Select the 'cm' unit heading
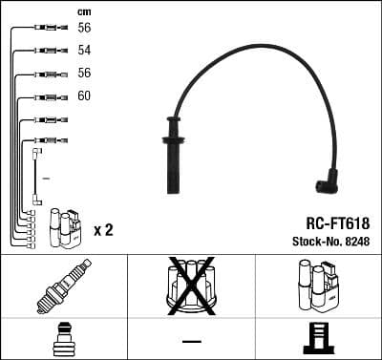83,11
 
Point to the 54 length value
84,50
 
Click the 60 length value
84,96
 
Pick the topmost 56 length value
84,28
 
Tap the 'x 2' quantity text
104,230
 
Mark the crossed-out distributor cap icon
191,285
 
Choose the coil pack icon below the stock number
316,286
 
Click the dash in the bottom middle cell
191,341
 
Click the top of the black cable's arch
258,43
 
